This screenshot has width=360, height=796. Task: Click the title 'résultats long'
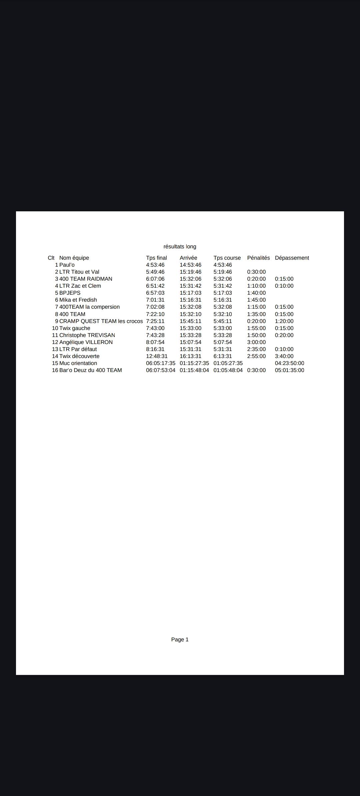[180, 247]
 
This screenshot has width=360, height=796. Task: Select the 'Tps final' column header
[156, 258]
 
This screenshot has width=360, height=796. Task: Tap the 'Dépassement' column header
[292, 258]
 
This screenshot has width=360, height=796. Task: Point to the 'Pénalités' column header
[258, 258]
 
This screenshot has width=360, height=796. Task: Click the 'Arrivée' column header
[188, 258]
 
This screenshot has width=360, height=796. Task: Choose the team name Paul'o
[67, 265]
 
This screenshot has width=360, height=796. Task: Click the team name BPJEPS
[70, 293]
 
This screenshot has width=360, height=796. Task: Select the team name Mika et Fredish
[78, 300]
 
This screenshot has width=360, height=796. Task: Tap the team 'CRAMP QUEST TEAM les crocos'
[101, 321]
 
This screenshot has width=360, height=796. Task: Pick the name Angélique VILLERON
[86, 342]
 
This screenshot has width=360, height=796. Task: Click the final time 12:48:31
[157, 356]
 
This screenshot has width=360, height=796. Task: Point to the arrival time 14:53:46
[190, 265]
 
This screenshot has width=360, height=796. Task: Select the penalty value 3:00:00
[256, 342]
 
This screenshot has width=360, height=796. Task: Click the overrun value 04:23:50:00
[289, 363]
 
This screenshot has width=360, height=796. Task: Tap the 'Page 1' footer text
[180, 639]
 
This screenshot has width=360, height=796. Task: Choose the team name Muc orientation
[78, 363]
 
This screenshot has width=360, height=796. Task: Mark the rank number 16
[55, 370]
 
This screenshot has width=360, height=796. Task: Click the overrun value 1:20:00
[284, 321]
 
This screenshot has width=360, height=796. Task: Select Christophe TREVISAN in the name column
[87, 335]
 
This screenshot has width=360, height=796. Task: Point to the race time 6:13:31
[223, 356]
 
